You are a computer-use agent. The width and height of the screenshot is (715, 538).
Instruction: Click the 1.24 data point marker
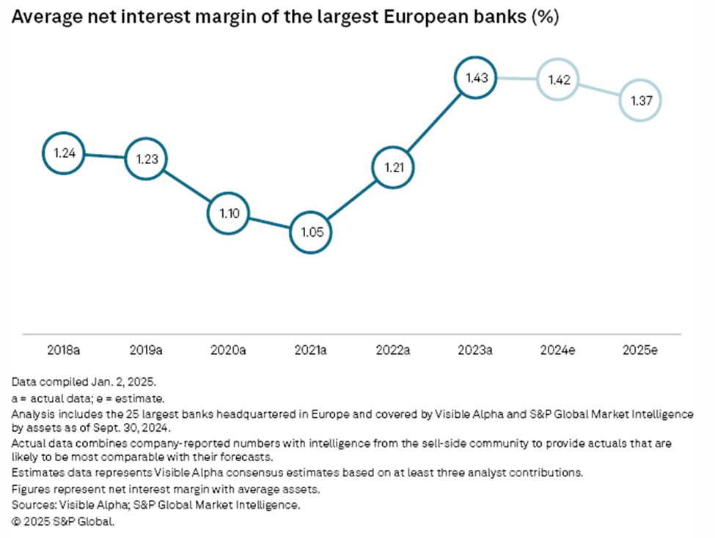point(62,154)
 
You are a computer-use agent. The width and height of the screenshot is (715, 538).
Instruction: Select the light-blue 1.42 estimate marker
point(557,80)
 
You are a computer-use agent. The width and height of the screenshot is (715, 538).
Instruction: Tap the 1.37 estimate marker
point(639,100)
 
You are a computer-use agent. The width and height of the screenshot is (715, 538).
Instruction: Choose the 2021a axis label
point(309,351)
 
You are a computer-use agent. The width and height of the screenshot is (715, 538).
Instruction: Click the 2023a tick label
point(474,351)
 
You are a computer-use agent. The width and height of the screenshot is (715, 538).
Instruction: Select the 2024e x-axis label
point(557,351)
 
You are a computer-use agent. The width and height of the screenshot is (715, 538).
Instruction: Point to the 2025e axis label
point(639,351)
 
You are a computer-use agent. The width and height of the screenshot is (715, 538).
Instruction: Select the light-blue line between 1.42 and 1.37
point(598,90)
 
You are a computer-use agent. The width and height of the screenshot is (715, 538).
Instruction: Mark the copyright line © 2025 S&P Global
point(63,523)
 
